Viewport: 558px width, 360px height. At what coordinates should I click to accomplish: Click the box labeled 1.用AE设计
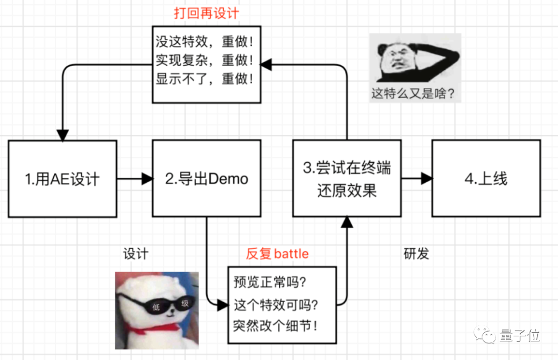[63, 179]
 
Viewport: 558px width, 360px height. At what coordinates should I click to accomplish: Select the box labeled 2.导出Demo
[207, 179]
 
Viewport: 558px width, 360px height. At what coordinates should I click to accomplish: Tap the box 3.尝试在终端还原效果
[346, 179]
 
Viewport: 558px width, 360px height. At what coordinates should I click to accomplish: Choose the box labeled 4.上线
[486, 179]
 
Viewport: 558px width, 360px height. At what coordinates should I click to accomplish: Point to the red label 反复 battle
[277, 254]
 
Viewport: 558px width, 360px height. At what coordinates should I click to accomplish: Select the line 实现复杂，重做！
[205, 61]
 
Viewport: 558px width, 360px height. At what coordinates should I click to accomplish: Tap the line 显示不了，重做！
[205, 80]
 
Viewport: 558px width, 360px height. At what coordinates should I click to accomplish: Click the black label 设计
[136, 254]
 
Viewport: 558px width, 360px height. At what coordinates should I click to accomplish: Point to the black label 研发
[416, 254]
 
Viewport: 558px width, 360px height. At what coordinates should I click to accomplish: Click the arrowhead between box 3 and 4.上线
[426, 179]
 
